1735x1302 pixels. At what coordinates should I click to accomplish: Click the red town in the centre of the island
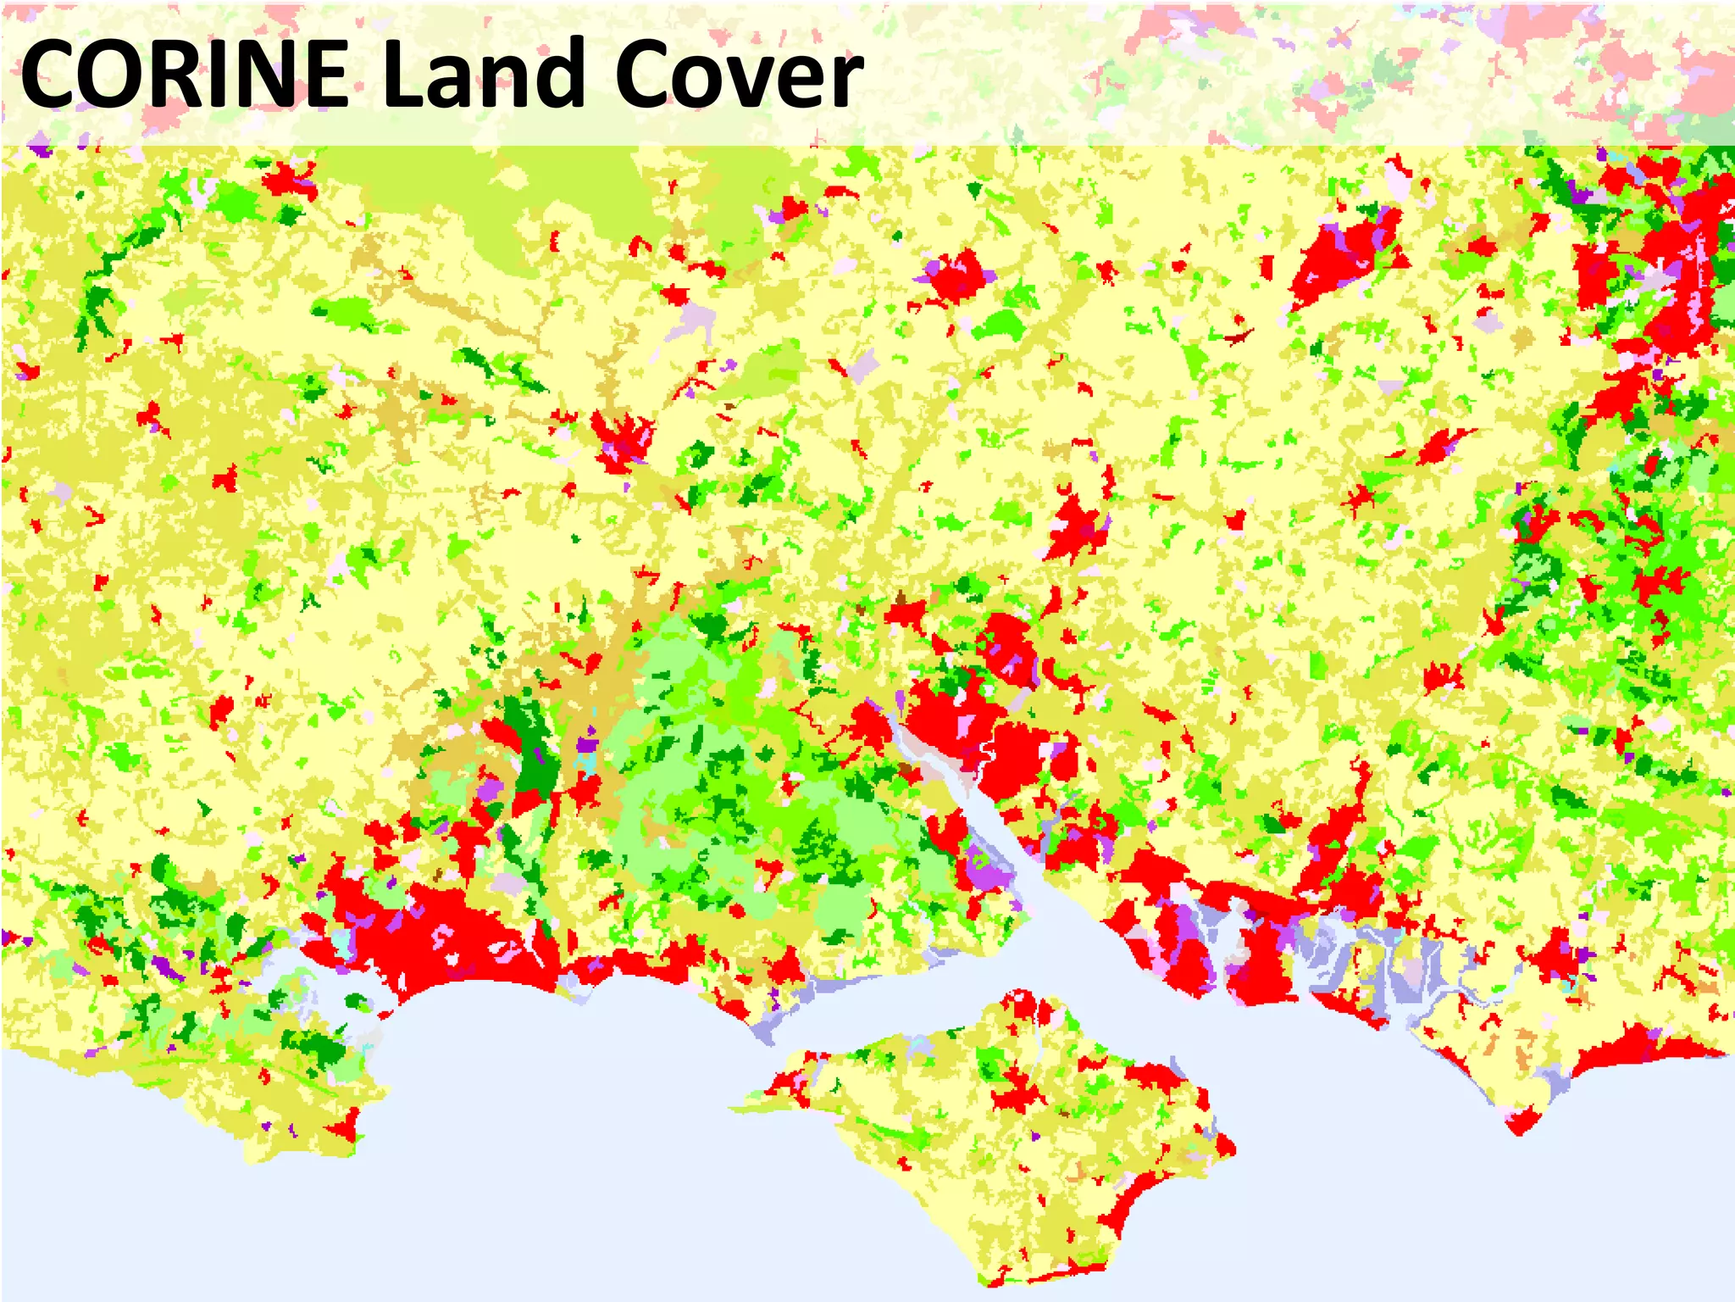[x=1017, y=1093]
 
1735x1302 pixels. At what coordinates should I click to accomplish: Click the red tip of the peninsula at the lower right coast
[x=1521, y=1124]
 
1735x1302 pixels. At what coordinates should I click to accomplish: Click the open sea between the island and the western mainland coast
[x=551, y=1102]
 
